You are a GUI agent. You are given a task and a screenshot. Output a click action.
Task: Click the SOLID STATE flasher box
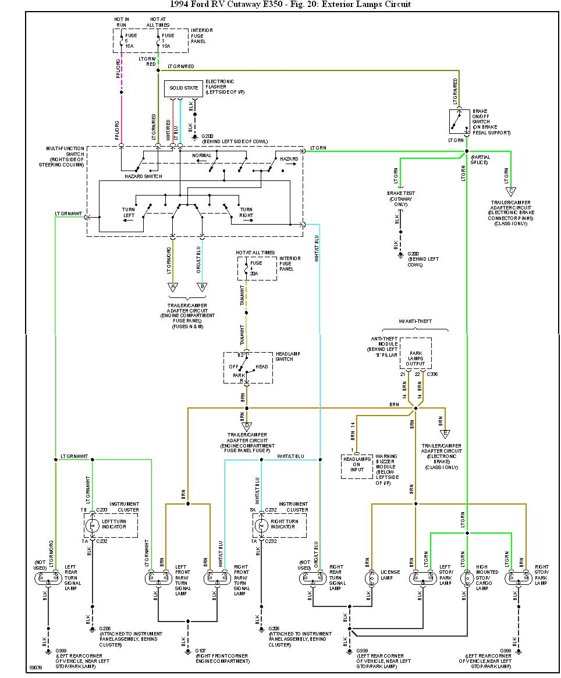point(183,88)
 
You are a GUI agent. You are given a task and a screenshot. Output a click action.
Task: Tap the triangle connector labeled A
point(172,286)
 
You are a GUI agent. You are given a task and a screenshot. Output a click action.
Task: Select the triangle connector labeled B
point(202,286)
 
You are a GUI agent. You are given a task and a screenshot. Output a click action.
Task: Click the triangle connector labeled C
point(511,191)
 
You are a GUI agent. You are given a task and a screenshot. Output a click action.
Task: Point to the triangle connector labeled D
point(246,425)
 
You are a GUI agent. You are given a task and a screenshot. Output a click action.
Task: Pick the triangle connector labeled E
point(445,434)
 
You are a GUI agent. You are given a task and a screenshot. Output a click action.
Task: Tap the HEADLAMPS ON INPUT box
point(357,467)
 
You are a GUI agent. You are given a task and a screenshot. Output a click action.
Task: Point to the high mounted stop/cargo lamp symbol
point(467,578)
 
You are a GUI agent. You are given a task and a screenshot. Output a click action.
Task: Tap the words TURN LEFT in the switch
point(129,212)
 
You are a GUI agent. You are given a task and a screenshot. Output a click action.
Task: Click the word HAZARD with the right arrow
point(289,159)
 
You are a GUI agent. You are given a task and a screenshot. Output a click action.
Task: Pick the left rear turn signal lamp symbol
point(48,578)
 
